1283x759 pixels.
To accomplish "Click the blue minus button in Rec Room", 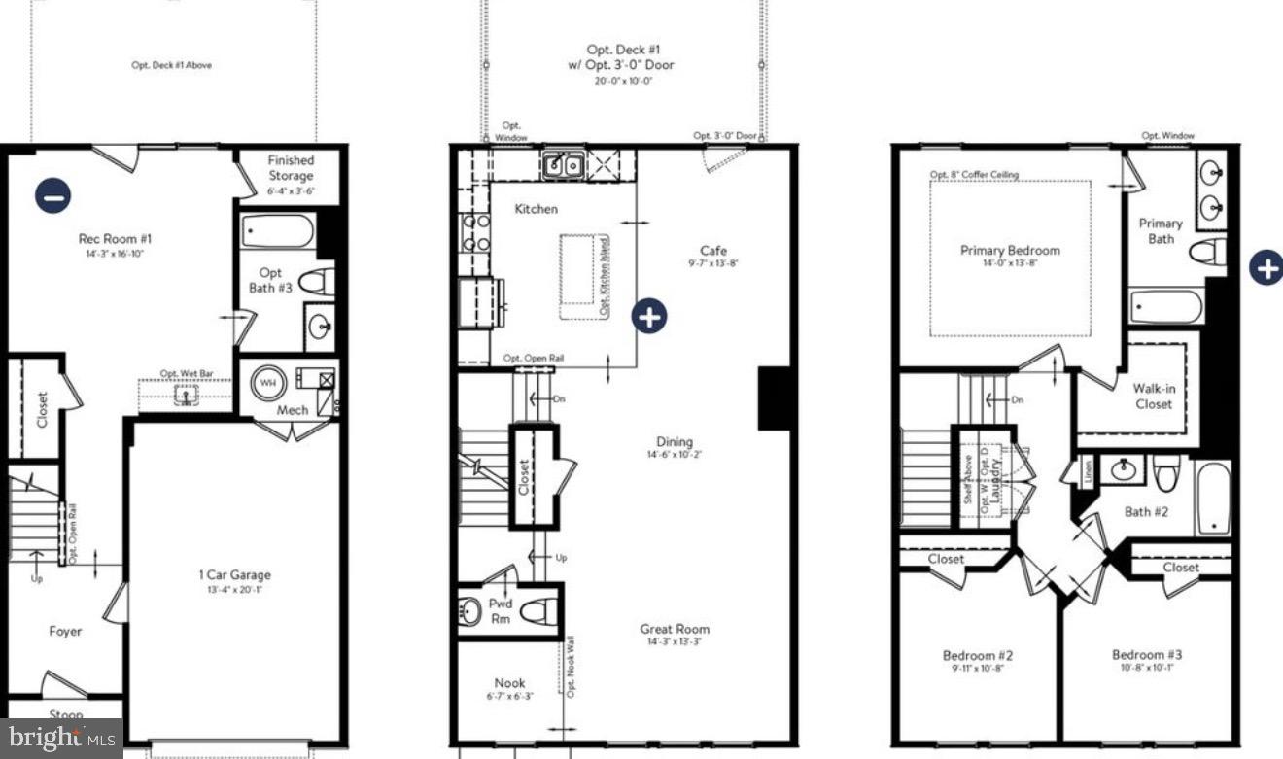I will coord(53,195).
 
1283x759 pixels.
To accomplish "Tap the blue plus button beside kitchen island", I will coord(649,316).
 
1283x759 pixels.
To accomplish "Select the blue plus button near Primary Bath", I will coord(1266,267).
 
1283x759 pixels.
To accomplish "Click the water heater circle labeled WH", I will coord(267,382).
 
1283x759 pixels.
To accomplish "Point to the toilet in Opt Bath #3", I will coord(316,283).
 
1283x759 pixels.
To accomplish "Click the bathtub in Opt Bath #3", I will coord(278,232).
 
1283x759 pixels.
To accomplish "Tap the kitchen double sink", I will coord(563,165).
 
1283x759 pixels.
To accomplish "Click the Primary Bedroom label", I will coord(1010,250).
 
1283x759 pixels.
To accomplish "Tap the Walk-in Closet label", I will coord(1153,396).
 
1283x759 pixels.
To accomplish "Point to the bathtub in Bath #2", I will coord(1213,499).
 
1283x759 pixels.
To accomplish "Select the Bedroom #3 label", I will coord(1147,655).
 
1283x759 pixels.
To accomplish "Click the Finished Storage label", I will coord(292,168).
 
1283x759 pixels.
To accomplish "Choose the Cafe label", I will coord(713,251).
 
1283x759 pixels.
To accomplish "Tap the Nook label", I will coord(509,683).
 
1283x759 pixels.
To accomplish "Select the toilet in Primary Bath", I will coord(1208,253).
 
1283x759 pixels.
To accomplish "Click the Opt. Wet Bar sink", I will coord(182,396).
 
